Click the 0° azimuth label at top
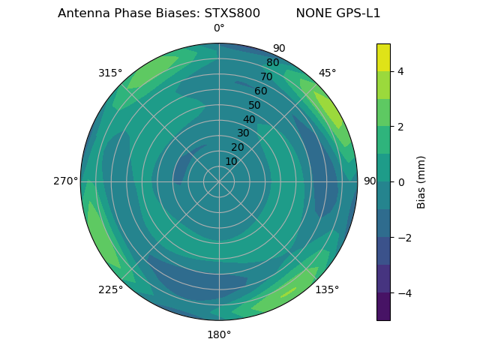[x=219, y=28]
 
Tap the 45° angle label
[x=328, y=73]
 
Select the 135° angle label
[x=327, y=289]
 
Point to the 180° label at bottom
[x=219, y=334]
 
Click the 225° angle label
[x=110, y=289]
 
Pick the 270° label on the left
[x=65, y=181]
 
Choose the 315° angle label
[x=110, y=73]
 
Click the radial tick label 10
[x=231, y=161]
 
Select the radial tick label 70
[x=266, y=76]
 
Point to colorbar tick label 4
[x=401, y=71]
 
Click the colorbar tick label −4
[x=404, y=292]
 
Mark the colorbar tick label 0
[x=401, y=182]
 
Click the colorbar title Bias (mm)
[x=421, y=182]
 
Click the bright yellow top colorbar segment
[x=383, y=57]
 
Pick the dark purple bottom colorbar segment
[x=383, y=307]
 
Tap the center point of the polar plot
[x=219, y=181]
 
